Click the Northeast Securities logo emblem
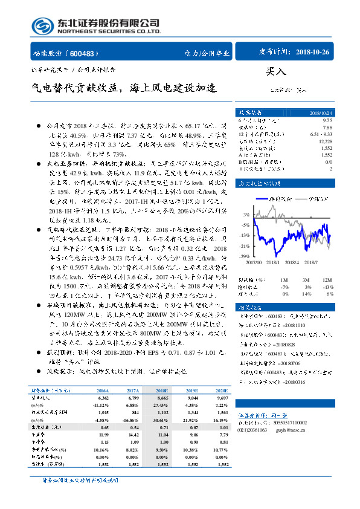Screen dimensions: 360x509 [43, 25]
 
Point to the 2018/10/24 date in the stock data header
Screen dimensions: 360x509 [320, 112]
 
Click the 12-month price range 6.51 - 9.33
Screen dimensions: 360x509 [320, 134]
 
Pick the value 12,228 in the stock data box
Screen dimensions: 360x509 [325, 140]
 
